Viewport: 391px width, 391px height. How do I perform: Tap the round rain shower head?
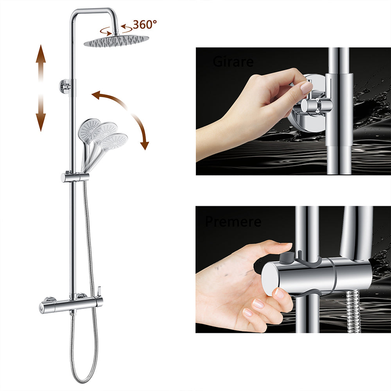116,41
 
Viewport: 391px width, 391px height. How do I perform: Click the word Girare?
233,62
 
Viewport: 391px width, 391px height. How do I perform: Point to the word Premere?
233,222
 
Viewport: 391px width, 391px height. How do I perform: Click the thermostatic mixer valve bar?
70,303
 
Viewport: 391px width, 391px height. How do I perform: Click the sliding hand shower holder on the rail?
75,177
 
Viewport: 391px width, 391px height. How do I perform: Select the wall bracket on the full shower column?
66,85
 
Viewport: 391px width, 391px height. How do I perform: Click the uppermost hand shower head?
89,128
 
